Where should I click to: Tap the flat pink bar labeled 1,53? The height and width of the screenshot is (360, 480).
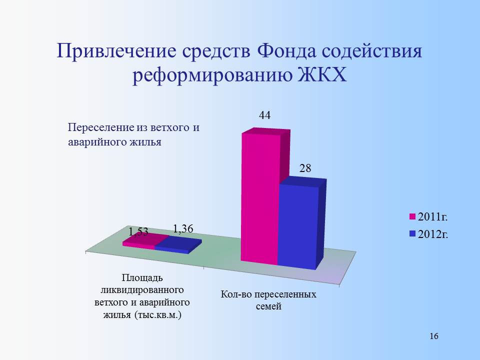click(144, 241)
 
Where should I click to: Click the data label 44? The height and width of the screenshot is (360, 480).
click(265, 115)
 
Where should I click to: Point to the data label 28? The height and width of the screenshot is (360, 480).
click(305, 168)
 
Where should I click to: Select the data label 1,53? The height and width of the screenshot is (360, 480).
click(138, 231)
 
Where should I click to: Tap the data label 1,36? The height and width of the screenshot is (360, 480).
click(183, 228)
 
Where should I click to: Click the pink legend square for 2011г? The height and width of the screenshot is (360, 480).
click(412, 216)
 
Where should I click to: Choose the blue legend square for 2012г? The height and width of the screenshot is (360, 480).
click(412, 234)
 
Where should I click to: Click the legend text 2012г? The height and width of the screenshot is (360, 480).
click(433, 234)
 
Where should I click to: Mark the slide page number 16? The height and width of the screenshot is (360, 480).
click(434, 336)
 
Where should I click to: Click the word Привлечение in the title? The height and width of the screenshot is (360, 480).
click(116, 51)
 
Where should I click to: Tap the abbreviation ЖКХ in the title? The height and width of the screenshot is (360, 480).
click(322, 74)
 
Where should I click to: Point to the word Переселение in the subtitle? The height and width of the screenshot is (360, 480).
click(101, 127)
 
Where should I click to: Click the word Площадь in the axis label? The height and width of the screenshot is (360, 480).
click(142, 277)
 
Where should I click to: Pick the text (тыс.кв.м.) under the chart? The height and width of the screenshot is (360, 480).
click(158, 314)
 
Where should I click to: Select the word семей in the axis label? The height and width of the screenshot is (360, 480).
click(268, 306)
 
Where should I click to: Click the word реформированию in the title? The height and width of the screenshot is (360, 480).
click(212, 75)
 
